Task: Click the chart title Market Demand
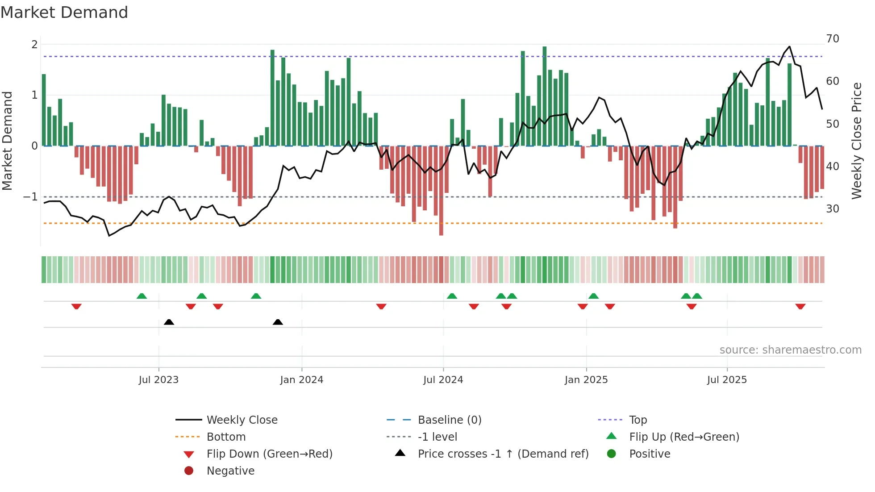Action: click(64, 13)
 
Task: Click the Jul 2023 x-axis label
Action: click(158, 380)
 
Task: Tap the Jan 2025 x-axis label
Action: click(586, 380)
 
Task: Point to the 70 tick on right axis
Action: click(833, 39)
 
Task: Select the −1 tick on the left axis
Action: click(30, 197)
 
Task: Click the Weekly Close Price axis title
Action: click(856, 141)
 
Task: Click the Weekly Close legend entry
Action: click(242, 420)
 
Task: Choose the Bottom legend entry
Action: click(226, 437)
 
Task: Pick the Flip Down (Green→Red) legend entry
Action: click(269, 454)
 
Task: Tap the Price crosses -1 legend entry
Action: click(503, 454)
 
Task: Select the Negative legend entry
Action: click(230, 471)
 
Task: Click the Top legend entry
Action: click(638, 420)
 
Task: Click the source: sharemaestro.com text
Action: click(790, 350)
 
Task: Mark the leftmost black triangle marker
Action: click(169, 322)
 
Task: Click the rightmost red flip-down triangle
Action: click(800, 306)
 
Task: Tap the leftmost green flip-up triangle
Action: click(142, 296)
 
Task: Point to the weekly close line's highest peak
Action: click(789, 47)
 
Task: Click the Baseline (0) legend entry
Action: click(449, 420)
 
